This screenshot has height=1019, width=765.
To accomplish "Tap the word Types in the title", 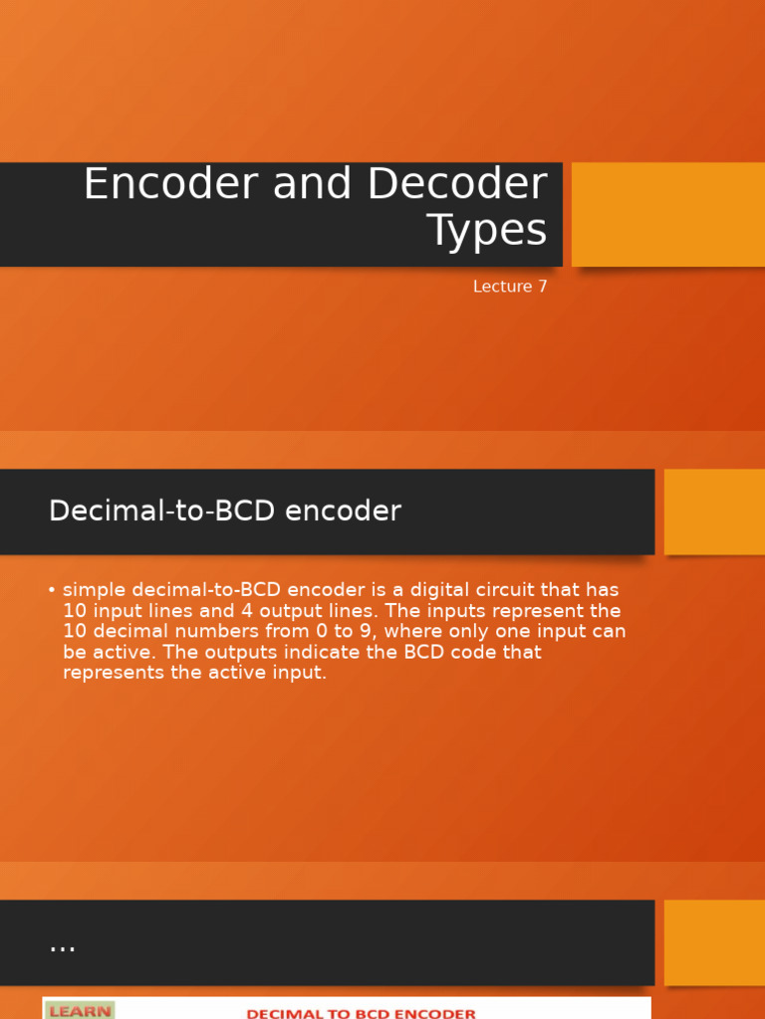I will (x=487, y=230).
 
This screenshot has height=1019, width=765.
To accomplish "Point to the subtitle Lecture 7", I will (x=510, y=287).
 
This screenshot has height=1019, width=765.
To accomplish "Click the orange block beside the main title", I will (x=667, y=214).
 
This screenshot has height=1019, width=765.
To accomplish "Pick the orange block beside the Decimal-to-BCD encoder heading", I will (x=714, y=511).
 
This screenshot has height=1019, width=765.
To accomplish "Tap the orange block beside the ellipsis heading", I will (x=714, y=942).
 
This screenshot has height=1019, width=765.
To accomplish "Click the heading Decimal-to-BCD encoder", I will (x=225, y=511).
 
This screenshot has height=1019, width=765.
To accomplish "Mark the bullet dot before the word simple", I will (x=51, y=590).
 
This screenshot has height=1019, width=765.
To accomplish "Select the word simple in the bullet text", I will (x=93, y=590).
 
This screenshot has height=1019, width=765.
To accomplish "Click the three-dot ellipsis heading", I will (x=62, y=944).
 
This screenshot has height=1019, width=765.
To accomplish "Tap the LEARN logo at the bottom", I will (x=80, y=1011).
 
